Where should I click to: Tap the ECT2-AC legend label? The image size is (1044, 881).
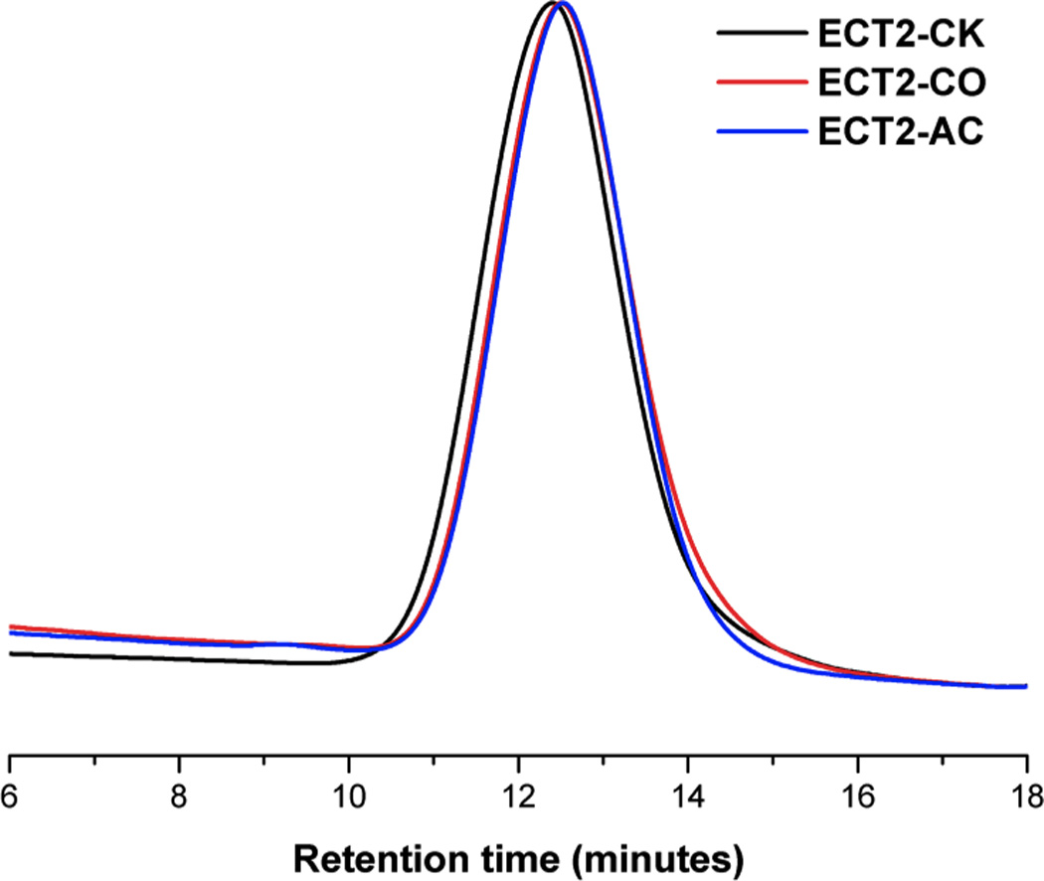point(901,133)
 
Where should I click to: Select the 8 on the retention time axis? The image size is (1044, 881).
point(179,793)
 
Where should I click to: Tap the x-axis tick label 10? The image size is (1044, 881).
point(348,793)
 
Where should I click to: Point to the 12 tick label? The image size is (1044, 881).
point(518,793)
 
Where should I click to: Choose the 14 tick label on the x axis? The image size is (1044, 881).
point(687,793)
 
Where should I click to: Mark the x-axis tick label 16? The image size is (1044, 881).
point(857,793)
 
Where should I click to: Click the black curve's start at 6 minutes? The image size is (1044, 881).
point(10,653)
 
